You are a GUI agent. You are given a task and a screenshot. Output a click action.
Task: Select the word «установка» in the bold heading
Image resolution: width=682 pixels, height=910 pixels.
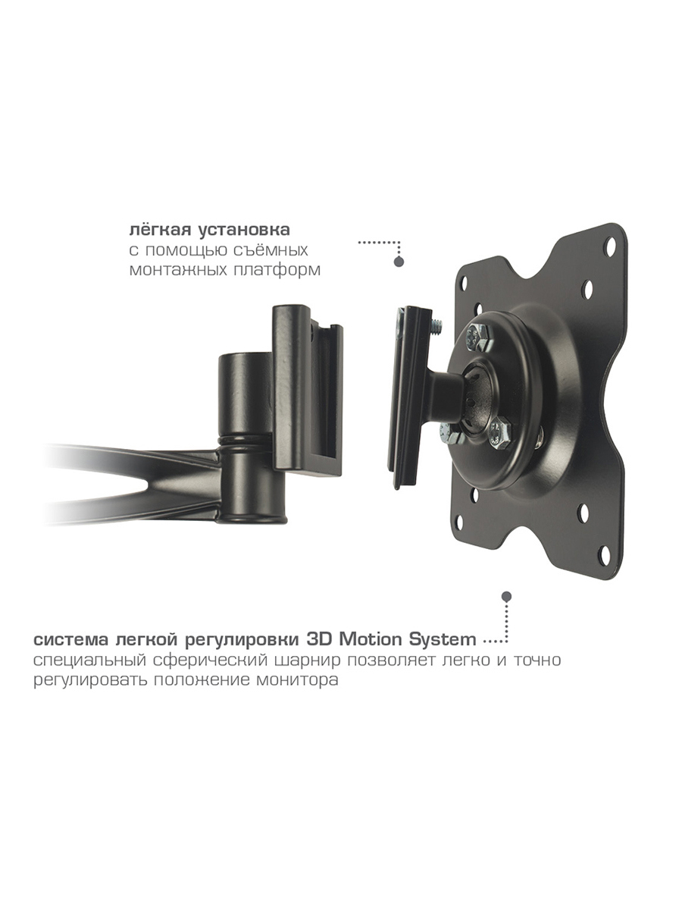tap(244, 230)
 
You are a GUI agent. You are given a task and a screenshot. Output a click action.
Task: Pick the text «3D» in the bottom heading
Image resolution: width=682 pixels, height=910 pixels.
tap(320, 640)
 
